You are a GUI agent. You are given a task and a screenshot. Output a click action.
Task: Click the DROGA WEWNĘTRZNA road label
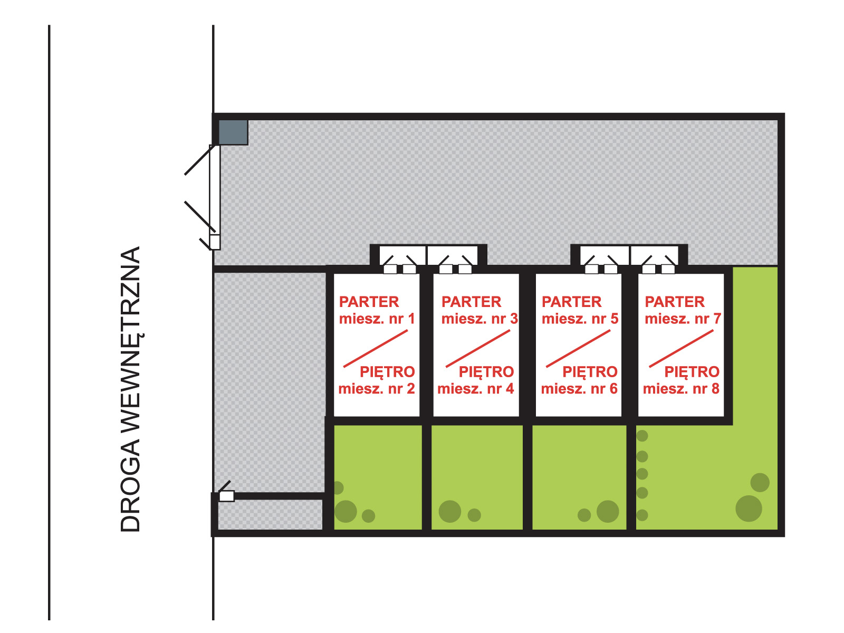click(x=130, y=389)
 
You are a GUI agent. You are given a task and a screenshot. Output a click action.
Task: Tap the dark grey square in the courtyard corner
click(x=233, y=132)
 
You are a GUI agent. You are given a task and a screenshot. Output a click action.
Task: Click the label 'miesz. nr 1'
click(x=377, y=319)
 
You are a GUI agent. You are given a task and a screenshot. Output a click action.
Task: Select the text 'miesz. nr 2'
click(x=377, y=389)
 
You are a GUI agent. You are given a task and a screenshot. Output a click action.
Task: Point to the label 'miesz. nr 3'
click(x=479, y=319)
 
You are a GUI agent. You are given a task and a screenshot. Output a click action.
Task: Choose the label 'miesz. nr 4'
click(x=475, y=389)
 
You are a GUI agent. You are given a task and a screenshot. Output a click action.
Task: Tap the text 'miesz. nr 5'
click(x=580, y=319)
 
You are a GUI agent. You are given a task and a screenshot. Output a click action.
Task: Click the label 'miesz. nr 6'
click(x=579, y=389)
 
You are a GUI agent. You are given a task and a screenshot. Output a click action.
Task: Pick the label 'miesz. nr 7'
click(x=683, y=319)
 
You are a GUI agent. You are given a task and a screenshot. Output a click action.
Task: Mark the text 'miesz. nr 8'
click(x=681, y=389)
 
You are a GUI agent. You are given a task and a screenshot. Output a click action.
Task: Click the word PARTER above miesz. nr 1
click(x=369, y=302)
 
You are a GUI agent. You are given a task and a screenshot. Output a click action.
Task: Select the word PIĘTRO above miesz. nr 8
click(x=692, y=372)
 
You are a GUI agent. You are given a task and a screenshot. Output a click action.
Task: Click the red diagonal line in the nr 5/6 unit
click(x=578, y=348)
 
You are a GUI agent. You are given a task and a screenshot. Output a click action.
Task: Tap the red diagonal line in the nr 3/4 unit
click(x=478, y=348)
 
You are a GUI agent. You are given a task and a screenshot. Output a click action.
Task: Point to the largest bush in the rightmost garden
click(x=749, y=509)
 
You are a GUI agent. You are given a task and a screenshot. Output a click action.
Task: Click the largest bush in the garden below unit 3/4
click(x=450, y=511)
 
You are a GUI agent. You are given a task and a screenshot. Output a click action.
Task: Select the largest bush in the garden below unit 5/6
click(x=608, y=511)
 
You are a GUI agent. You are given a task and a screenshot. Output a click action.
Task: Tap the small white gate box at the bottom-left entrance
click(x=226, y=496)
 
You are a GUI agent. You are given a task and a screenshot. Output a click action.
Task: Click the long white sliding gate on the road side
click(x=214, y=190)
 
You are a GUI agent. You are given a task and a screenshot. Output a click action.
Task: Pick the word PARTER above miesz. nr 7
click(x=675, y=302)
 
